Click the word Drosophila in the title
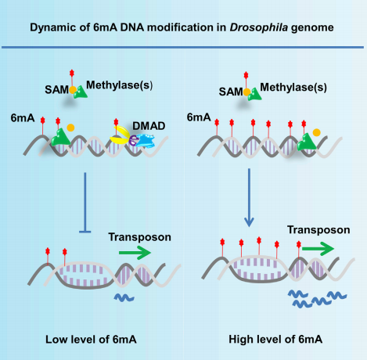point(259,27)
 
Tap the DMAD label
point(149,126)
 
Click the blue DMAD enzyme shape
point(145,140)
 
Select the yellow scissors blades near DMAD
point(120,135)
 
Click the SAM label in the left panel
point(56,90)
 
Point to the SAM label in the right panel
point(231,92)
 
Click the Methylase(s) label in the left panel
point(119,85)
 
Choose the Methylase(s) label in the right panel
point(293,88)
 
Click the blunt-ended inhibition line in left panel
point(85,202)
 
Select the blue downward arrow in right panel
point(249,197)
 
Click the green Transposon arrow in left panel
point(135,253)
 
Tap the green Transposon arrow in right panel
point(318,249)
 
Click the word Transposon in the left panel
point(140,237)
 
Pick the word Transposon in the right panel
point(318,230)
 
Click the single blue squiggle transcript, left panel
point(124,297)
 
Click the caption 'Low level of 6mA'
point(91,340)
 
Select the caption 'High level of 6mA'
point(275,340)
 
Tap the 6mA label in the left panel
point(23,118)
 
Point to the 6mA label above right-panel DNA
point(199,117)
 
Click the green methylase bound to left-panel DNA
point(60,137)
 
